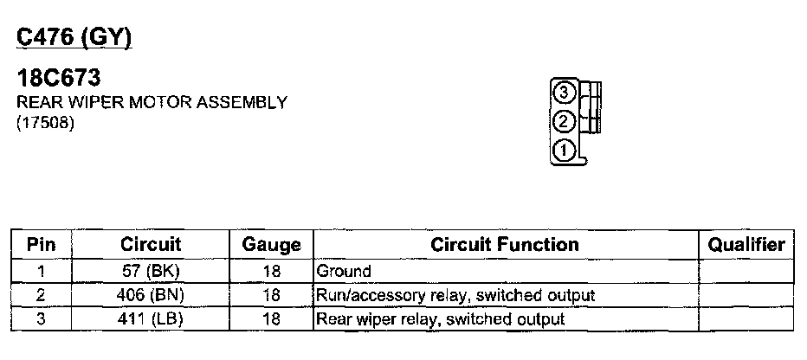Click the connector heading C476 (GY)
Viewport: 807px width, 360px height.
[74, 38]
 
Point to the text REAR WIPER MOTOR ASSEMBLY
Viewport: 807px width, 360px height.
[152, 103]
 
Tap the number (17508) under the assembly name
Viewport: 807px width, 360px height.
[46, 124]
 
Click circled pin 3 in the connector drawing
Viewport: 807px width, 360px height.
[564, 92]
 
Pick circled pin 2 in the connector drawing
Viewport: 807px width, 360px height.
[564, 121]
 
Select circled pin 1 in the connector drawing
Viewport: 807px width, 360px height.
[564, 150]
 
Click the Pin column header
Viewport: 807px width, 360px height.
[41, 245]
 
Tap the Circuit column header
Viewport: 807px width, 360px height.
[151, 245]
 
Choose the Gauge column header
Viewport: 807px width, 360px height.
[271, 246]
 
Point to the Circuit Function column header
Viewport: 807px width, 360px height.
[504, 245]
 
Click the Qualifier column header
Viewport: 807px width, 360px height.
[746, 245]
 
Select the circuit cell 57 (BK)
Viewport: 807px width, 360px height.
[151, 272]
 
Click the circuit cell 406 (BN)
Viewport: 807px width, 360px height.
[151, 295]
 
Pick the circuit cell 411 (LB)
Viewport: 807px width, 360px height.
[151, 319]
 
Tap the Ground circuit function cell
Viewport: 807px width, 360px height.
[345, 272]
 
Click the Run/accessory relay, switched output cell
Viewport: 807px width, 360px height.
[456, 295]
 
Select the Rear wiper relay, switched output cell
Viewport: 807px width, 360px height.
[441, 319]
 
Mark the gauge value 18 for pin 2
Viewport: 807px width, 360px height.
[271, 295]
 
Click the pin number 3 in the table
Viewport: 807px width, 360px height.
[41, 319]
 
